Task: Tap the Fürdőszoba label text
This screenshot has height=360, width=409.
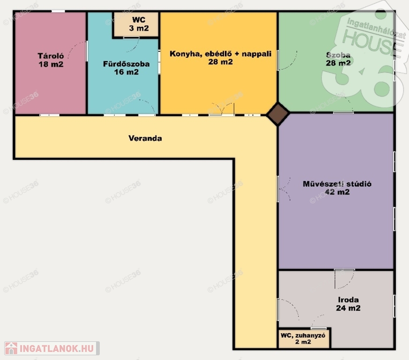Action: tap(126, 64)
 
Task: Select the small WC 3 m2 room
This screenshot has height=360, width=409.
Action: tap(136, 24)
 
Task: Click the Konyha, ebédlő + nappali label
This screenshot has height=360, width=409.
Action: tap(220, 54)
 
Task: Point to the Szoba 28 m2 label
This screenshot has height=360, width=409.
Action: tap(338, 59)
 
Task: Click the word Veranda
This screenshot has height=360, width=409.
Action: tap(145, 138)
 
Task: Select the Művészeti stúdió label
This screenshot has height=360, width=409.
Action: tap(337, 184)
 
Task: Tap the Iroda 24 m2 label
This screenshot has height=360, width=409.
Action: tap(348, 304)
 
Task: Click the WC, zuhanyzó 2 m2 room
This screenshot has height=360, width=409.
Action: tap(304, 338)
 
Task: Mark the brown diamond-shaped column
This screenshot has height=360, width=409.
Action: tap(278, 114)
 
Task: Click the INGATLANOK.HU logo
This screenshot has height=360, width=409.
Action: tap(52, 348)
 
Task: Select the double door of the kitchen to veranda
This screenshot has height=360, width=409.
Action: tap(222, 109)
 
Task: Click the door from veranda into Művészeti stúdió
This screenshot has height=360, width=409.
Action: tap(284, 189)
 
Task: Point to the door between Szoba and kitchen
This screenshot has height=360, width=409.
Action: tap(287, 60)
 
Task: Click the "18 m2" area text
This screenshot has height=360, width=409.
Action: tap(51, 64)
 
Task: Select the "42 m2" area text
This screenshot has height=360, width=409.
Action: tap(337, 192)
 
